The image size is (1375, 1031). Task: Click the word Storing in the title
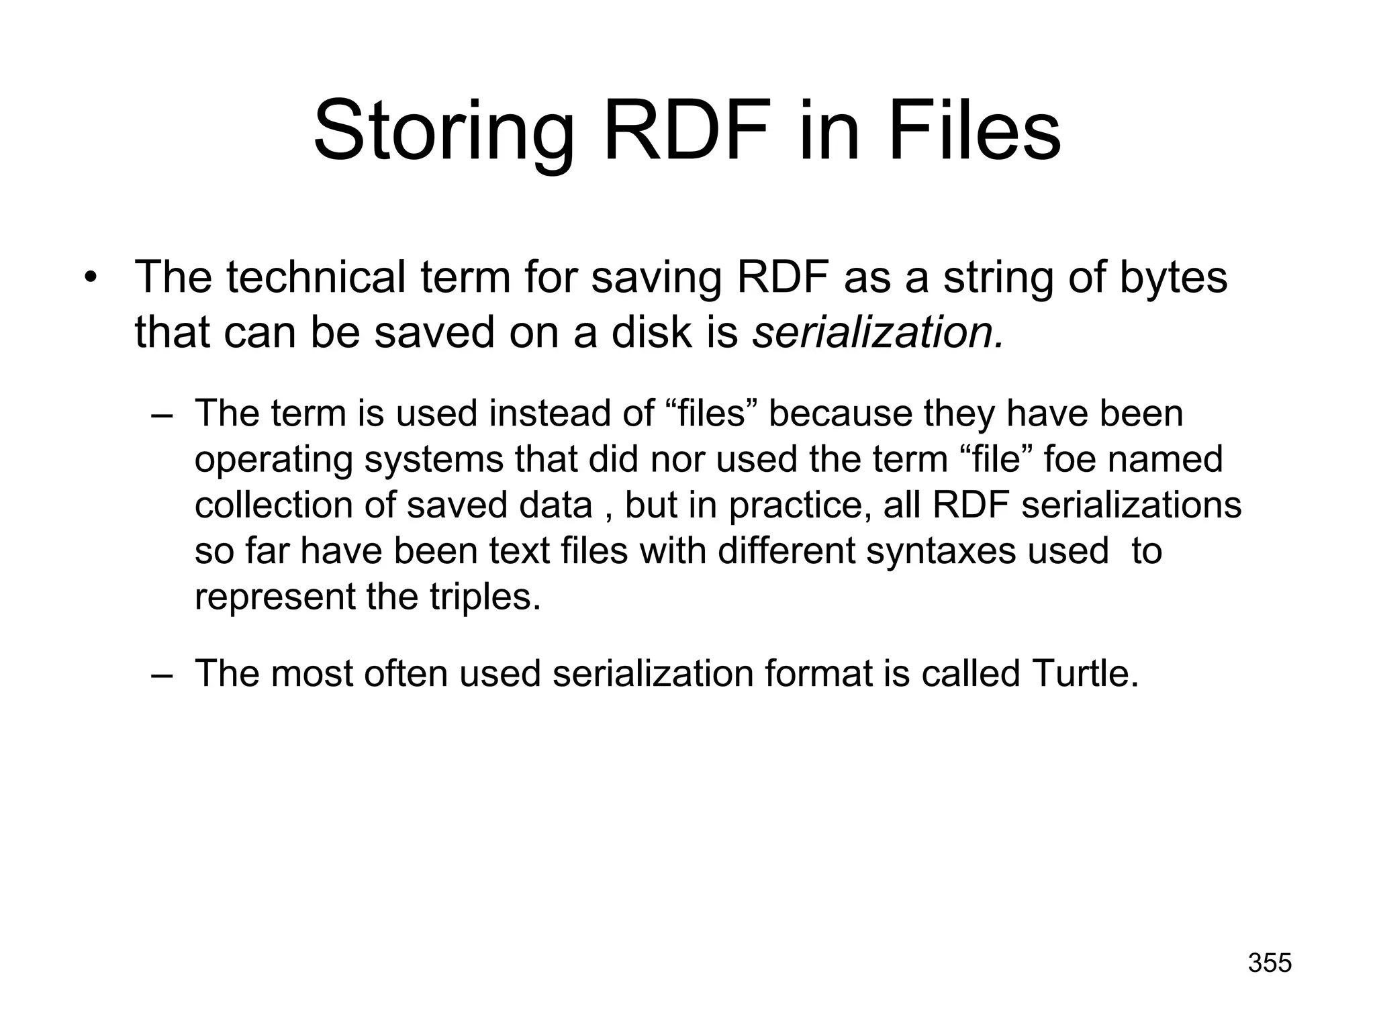coord(444,131)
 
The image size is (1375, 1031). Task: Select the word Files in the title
coord(974,131)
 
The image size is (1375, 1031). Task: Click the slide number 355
coord(1270,963)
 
